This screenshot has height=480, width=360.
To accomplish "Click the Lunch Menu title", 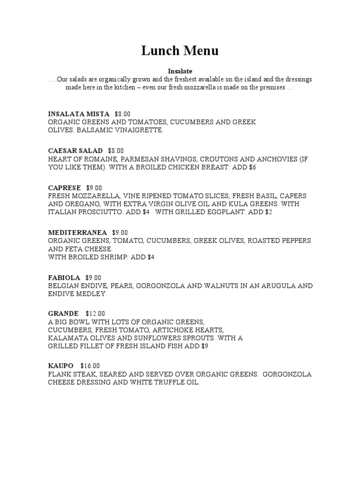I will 180,51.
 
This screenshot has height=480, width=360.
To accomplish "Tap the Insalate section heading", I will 180,71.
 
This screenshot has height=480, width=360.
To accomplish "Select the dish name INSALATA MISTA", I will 79,114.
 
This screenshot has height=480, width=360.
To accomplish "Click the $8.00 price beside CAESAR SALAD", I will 116,150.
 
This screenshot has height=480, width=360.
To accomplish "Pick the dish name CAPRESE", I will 65,187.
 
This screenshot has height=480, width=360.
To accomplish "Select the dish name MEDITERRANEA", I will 78,232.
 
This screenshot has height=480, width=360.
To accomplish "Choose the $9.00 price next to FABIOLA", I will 93,277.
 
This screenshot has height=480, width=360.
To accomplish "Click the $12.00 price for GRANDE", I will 96,313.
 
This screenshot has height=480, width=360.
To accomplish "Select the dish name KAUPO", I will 61,366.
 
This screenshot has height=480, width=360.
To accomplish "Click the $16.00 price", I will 90,366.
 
